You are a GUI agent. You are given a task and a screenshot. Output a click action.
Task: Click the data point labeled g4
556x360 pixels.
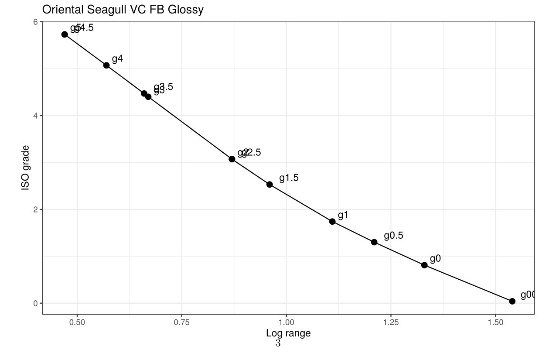[106, 65]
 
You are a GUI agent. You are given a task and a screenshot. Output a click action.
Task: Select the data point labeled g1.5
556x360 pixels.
[269, 184]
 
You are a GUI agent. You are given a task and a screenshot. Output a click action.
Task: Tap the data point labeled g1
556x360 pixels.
[332, 221]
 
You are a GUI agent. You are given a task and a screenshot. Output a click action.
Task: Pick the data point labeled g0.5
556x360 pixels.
[374, 242]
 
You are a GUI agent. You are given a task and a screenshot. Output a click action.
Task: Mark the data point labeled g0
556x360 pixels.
[424, 265]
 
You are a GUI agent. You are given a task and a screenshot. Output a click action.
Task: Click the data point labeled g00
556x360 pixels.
[512, 301]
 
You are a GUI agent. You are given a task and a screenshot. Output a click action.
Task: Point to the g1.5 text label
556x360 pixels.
[289, 178]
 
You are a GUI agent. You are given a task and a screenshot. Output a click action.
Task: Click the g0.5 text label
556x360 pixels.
[393, 236]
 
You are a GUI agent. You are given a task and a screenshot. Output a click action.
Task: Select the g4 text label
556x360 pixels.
[117, 59]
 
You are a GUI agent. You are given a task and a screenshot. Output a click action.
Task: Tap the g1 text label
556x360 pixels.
[343, 215]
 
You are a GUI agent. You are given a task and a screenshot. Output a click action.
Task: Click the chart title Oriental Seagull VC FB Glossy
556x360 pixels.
[123, 10]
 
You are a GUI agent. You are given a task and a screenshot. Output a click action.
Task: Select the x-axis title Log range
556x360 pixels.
[288, 334]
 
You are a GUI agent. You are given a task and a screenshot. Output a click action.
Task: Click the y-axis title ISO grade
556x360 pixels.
[26, 168]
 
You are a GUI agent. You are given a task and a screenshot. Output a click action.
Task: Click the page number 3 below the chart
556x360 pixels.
[278, 344]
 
